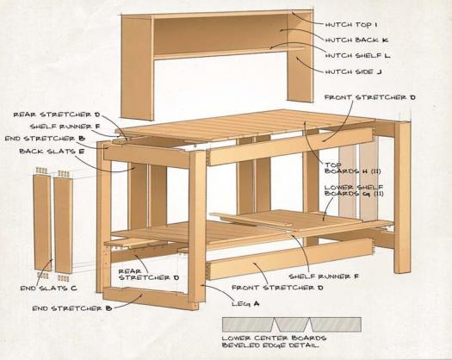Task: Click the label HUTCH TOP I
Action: pyautogui.click(x=351, y=25)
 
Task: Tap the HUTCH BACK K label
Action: pyautogui.click(x=356, y=40)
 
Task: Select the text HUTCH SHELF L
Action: pyautogui.click(x=358, y=55)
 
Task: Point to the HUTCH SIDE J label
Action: pyautogui.click(x=353, y=71)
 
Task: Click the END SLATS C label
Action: pyautogui.click(x=49, y=288)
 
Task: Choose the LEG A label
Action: pyautogui.click(x=245, y=304)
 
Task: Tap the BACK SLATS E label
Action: pyautogui.click(x=52, y=151)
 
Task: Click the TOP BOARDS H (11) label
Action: pyautogui.click(x=353, y=168)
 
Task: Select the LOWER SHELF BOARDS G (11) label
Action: pyautogui.click(x=354, y=190)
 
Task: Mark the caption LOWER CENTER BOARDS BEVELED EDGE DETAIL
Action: pyautogui.click(x=274, y=342)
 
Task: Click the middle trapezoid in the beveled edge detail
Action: pyautogui.click(x=292, y=324)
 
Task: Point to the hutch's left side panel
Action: pyautogui.click(x=137, y=67)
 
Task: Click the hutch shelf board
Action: pyautogui.click(x=228, y=53)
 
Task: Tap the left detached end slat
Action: pyautogui.click(x=42, y=222)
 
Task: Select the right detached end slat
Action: pyautogui.click(x=63, y=225)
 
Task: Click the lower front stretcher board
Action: pyautogui.click(x=289, y=258)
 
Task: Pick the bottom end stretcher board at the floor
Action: pyautogui.click(x=151, y=299)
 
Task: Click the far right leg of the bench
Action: pyautogui.click(x=403, y=197)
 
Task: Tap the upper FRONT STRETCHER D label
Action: pyautogui.click(x=370, y=97)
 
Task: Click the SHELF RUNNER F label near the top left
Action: pyautogui.click(x=65, y=127)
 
